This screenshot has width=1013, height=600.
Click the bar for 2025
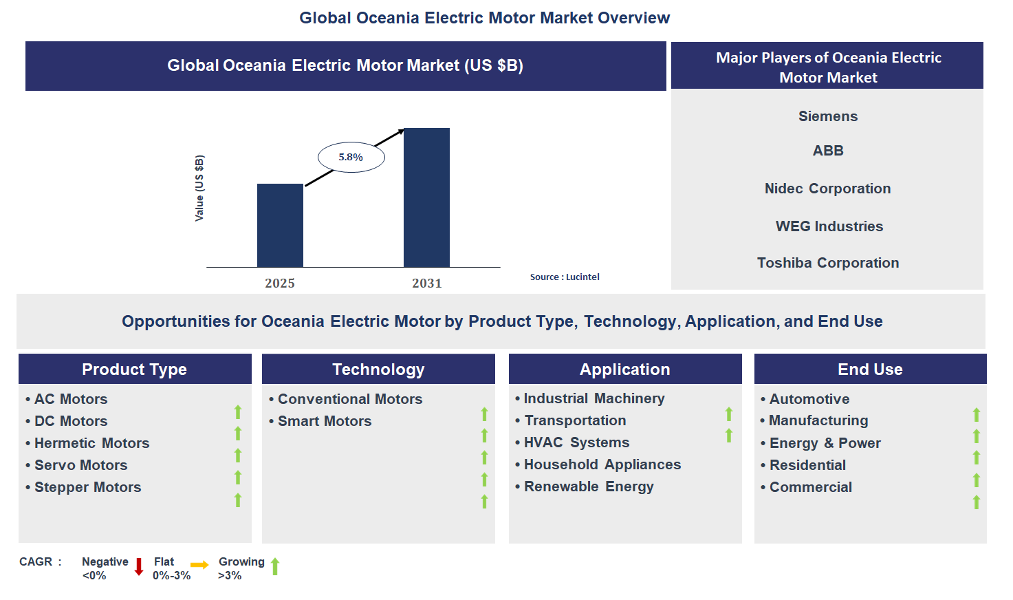tap(280, 226)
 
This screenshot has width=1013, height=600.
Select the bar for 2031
tap(426, 198)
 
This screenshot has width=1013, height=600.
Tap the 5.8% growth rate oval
tap(351, 158)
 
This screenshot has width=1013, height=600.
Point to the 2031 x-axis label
tap(426, 283)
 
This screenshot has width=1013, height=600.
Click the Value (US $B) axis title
tap(199, 188)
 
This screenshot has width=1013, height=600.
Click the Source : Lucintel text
tap(565, 277)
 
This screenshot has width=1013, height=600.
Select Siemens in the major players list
tap(827, 116)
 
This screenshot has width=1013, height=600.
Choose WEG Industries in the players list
tap(829, 226)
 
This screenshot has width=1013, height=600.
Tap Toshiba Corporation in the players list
tap(827, 263)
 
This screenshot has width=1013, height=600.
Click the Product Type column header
tap(135, 369)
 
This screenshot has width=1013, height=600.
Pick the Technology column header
tap(378, 369)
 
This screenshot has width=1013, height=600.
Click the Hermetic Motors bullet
tap(91, 443)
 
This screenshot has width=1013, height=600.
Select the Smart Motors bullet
tap(324, 421)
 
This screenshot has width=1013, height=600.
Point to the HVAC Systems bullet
tap(576, 442)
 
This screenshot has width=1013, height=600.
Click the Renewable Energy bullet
tap(589, 486)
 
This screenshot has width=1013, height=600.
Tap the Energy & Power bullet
tap(825, 443)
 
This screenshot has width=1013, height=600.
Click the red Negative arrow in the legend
tap(139, 567)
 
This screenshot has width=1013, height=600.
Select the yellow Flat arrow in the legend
tap(199, 565)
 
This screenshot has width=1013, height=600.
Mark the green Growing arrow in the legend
tap(275, 566)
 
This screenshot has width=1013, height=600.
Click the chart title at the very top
tap(484, 18)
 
